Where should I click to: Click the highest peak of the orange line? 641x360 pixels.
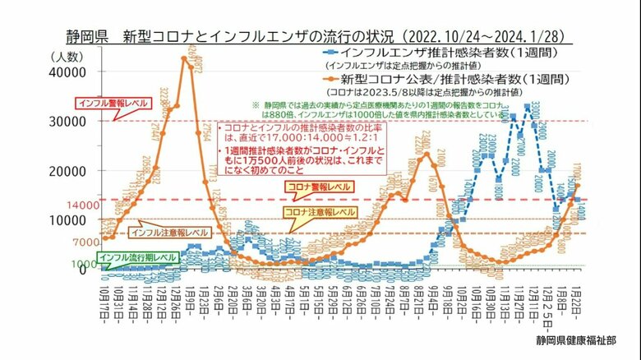tap(186, 58)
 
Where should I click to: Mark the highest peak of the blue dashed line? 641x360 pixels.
tap(527, 108)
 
